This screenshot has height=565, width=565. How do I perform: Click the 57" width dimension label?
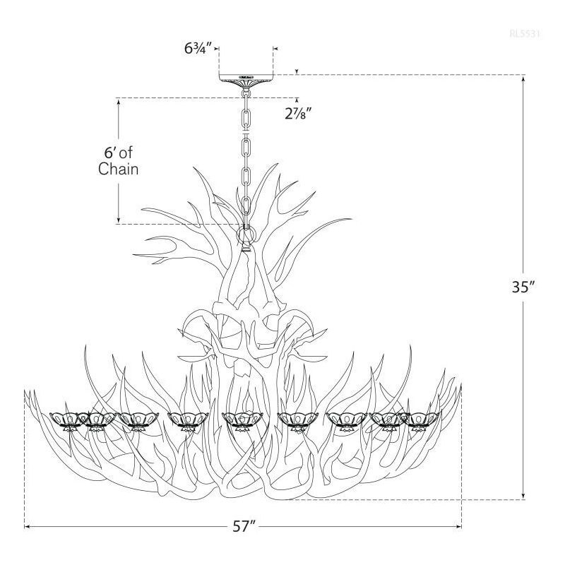coord(244,527)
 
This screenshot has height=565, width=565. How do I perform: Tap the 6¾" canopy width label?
coord(197,49)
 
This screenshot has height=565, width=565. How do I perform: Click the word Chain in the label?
coord(118,169)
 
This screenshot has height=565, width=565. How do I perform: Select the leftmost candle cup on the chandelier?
coord(66,420)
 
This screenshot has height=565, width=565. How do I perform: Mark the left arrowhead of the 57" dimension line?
coord(28,526)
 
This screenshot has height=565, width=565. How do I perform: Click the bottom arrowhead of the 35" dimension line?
coord(523,496)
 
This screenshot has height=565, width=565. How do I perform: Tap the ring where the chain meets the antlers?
coord(246,233)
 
